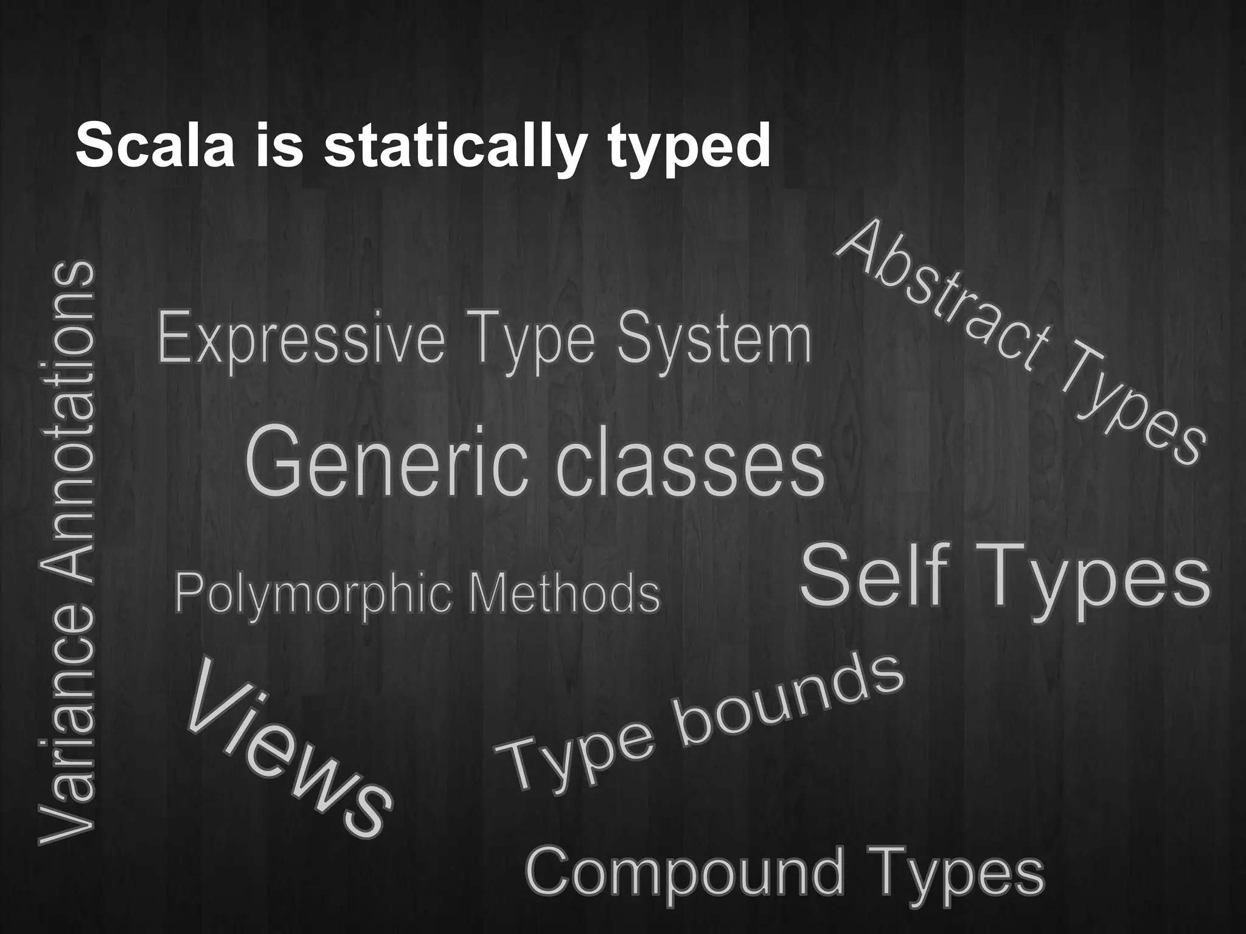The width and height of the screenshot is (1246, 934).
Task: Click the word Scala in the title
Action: pos(155,147)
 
